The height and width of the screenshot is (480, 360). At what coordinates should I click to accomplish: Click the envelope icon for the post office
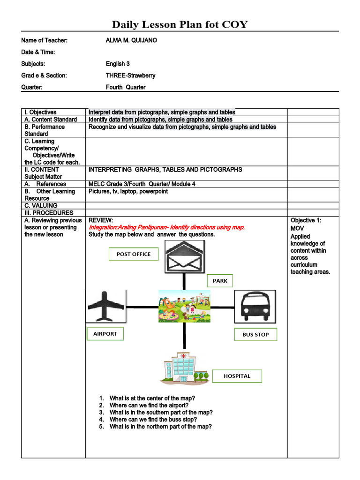(x=184, y=256)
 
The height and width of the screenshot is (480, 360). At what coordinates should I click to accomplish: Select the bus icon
(x=255, y=307)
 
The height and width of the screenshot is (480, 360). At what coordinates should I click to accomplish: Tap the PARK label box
(x=220, y=281)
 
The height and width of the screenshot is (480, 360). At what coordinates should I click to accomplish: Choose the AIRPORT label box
(x=105, y=334)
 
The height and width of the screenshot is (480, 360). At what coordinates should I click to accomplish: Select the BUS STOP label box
(x=255, y=334)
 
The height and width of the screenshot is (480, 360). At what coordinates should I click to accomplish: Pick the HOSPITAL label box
(x=237, y=376)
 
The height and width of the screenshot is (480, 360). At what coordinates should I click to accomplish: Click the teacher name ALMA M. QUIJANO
(x=132, y=40)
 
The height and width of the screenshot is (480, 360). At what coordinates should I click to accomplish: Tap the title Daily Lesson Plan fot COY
(x=180, y=24)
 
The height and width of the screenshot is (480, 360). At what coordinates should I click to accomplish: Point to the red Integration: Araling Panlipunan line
(x=166, y=227)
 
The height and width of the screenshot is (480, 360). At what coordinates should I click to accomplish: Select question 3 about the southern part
(x=161, y=412)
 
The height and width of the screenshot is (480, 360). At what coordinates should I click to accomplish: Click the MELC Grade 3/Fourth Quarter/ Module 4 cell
(x=142, y=184)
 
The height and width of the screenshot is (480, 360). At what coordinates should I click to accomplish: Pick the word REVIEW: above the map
(x=101, y=220)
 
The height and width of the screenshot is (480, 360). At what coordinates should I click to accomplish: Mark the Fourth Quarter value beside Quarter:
(x=126, y=87)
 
